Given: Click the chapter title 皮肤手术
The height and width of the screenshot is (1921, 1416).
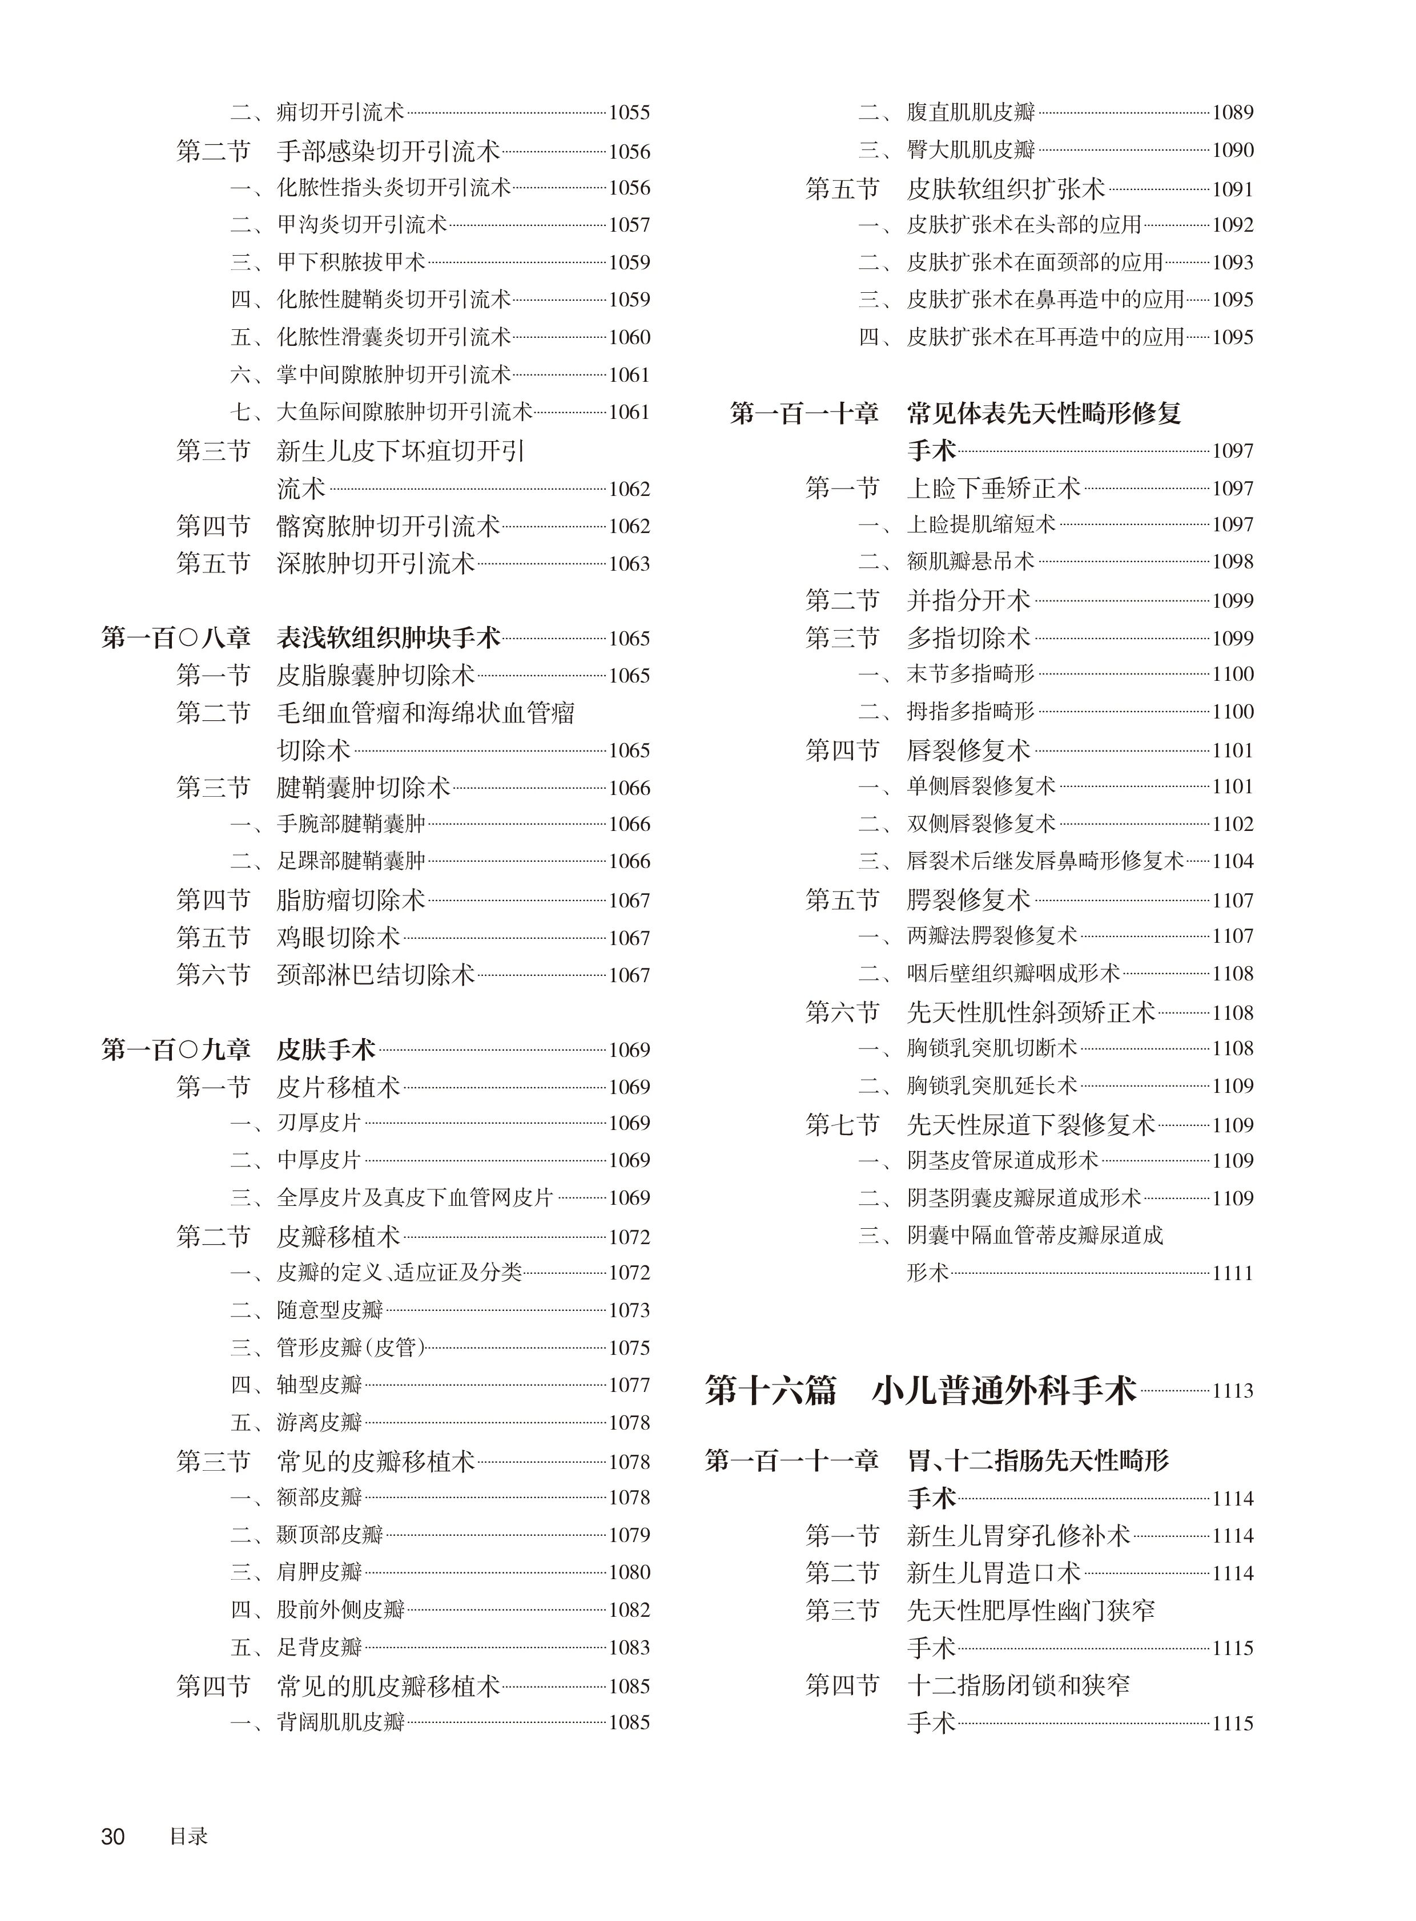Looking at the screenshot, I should click(325, 1050).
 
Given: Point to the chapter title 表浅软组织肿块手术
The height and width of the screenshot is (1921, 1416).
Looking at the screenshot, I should click(388, 638).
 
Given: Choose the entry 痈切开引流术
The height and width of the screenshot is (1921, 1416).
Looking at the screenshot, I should click(340, 112).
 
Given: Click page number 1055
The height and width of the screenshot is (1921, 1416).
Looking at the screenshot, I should click(629, 113).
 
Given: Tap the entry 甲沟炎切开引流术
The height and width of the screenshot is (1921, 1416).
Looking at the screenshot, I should click(362, 224).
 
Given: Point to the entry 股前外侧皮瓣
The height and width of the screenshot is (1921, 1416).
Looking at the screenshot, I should click(340, 1610).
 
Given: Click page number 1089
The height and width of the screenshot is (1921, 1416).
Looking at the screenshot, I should click(1233, 113).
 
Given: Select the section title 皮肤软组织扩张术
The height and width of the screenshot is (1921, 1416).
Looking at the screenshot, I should click(1006, 188).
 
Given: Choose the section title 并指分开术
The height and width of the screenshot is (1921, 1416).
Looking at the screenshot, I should click(968, 600).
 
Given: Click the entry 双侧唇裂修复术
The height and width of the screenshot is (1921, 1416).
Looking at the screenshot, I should click(981, 824).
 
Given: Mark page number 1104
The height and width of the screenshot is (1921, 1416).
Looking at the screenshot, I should click(1233, 862).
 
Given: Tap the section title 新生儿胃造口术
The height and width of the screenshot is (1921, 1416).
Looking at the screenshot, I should click(994, 1573).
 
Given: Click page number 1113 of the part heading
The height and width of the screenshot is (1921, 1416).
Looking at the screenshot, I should click(1233, 1391).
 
